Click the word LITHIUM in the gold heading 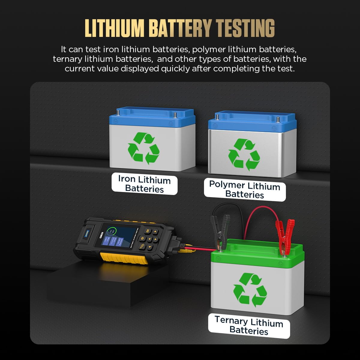pyautogui.click(x=114, y=28)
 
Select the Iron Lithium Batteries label pyautogui.click(x=144, y=184)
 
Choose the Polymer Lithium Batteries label pyautogui.click(x=244, y=190)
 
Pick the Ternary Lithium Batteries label pyautogui.click(x=249, y=325)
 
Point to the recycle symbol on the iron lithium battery pyautogui.click(x=143, y=148)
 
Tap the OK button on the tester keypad pyautogui.click(x=148, y=231)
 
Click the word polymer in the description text pyautogui.click(x=208, y=49)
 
